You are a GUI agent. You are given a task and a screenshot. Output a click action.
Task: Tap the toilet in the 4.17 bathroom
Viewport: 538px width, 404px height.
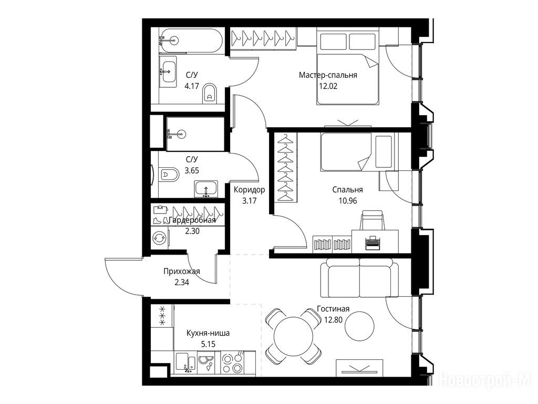click(x=209, y=94)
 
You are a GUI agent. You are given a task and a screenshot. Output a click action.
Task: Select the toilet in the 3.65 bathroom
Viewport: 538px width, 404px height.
click(x=169, y=175)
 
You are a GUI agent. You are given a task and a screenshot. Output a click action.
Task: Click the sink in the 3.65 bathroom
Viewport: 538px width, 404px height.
click(x=206, y=189)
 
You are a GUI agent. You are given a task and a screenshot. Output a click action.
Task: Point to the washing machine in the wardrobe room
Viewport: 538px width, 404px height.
click(x=160, y=237)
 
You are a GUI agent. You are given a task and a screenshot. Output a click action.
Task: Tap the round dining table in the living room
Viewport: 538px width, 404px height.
click(x=294, y=336)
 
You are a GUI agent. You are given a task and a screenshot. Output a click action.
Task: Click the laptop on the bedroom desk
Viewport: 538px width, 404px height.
click(x=371, y=242)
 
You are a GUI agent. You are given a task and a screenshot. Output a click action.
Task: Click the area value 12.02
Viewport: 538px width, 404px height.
click(x=328, y=86)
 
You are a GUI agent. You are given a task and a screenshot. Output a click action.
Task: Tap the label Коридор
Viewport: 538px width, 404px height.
click(x=250, y=189)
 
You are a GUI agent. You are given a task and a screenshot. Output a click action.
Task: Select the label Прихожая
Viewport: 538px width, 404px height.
click(x=181, y=271)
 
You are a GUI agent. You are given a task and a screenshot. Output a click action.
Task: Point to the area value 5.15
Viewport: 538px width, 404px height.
click(x=208, y=344)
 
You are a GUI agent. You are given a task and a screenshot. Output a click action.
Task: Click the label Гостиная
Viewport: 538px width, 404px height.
click(x=333, y=309)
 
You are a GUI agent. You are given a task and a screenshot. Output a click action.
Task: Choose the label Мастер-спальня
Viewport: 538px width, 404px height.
click(x=328, y=75)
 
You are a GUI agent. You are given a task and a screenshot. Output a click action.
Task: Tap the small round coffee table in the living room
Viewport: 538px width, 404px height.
click(x=359, y=326)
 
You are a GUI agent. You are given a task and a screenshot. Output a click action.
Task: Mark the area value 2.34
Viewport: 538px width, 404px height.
click(x=182, y=282)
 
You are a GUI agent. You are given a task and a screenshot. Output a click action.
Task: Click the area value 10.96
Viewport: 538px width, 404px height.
click(x=348, y=200)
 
